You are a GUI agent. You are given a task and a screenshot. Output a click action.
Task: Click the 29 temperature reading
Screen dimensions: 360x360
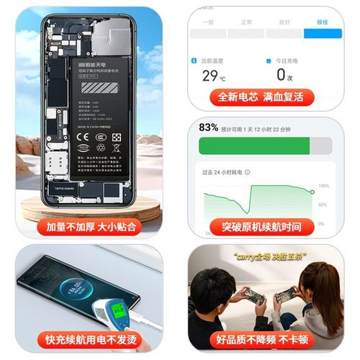(210, 75)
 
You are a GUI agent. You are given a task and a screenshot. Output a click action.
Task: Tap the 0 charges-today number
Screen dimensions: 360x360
(282, 75)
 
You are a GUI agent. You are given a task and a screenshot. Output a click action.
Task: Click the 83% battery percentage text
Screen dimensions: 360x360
(209, 127)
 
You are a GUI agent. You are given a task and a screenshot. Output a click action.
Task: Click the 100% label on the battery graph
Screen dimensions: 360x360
(324, 186)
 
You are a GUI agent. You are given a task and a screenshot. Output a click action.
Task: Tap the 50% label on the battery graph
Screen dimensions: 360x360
(323, 205)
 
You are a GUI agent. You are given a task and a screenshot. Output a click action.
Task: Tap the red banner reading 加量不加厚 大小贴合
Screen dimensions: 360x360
(90, 227)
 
